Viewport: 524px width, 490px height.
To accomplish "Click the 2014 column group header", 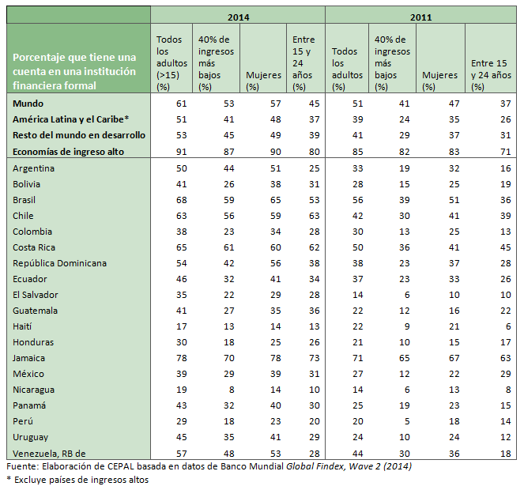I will click(x=237, y=15).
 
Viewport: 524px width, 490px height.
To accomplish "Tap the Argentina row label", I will click(x=33, y=168).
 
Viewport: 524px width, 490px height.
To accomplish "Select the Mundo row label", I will click(x=28, y=103).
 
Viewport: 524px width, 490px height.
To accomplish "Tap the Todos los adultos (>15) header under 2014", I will click(x=170, y=62).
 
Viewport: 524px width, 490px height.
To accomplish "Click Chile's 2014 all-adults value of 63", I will click(x=181, y=216).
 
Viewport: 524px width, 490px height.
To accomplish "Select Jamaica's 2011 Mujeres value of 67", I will click(x=451, y=358).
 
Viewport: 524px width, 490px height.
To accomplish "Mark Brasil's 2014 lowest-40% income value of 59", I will click(x=227, y=200).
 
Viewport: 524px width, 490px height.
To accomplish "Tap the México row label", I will click(x=28, y=374).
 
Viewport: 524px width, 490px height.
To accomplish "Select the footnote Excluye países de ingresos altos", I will click(x=80, y=479).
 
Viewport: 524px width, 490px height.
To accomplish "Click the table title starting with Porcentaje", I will click(x=74, y=71).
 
